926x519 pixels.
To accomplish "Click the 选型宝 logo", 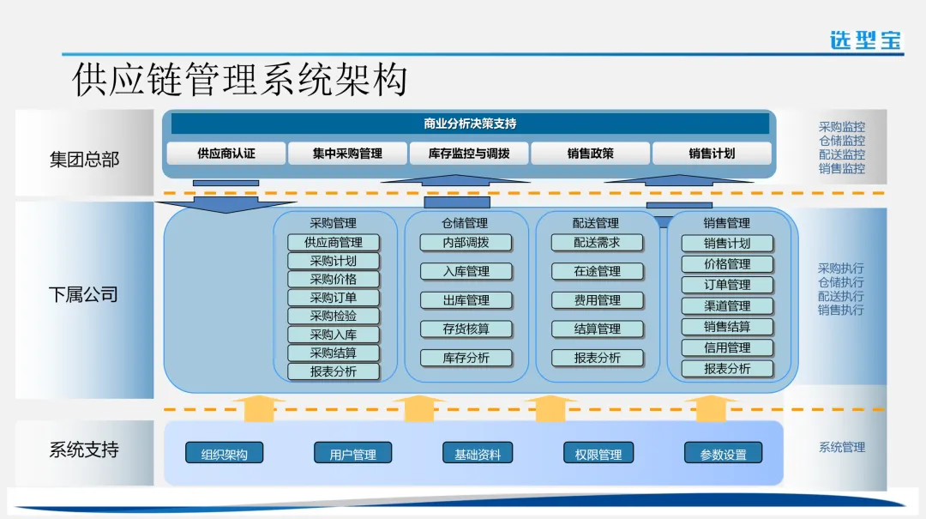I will point(865,39).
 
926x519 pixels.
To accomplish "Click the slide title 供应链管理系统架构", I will point(239,79).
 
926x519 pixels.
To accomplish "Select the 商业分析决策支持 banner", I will point(470,124).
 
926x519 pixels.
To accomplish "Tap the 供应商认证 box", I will point(226,154).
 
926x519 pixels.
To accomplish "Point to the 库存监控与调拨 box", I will point(469,154).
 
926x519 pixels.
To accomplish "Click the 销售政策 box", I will point(590,154).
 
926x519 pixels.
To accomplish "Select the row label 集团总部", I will point(84,160).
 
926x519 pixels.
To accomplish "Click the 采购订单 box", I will point(334,298).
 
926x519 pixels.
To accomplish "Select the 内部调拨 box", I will point(466,243).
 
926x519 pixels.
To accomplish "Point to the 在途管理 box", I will point(597,271).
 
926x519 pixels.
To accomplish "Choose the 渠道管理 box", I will point(727,305).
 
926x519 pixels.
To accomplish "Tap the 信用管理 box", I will point(727,347).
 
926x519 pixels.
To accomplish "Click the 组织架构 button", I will point(225,454).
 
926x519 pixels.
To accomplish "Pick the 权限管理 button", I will point(598,454).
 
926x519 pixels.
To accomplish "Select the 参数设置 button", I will point(723,454).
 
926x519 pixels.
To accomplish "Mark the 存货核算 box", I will point(466,329).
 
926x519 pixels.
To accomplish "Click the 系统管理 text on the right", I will point(841,447).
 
